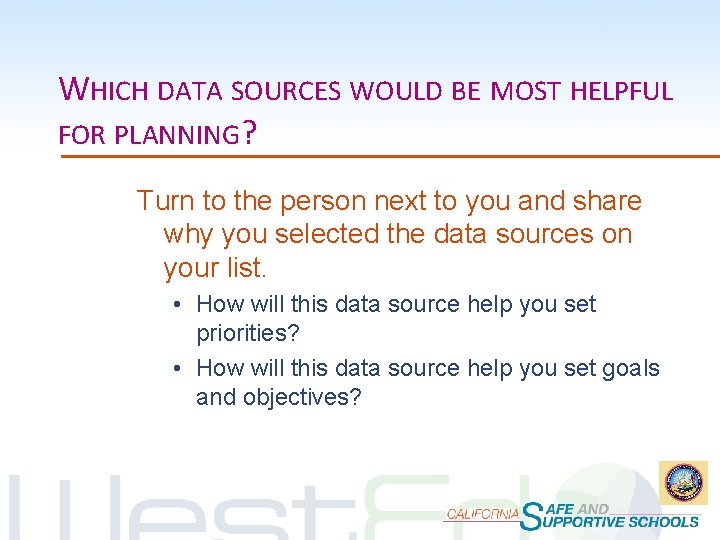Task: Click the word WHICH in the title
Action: click(x=104, y=90)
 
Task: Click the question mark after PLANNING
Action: click(x=247, y=132)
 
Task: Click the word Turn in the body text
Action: click(x=166, y=201)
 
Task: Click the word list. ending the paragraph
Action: click(x=245, y=268)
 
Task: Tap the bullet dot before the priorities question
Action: click(x=176, y=304)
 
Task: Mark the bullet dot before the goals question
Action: click(x=176, y=368)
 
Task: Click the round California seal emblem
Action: click(x=682, y=483)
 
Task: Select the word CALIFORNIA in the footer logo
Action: click(x=482, y=513)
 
